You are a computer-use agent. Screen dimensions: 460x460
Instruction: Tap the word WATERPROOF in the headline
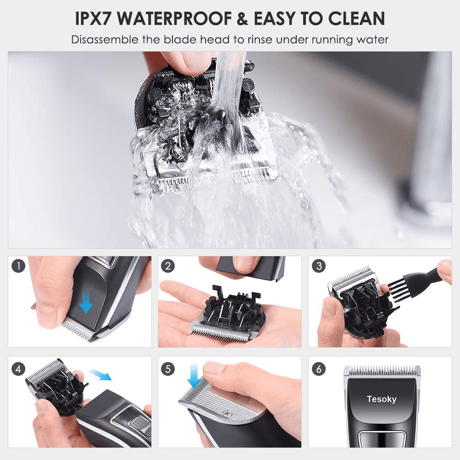click(174, 18)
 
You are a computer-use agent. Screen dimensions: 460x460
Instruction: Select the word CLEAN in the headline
click(356, 18)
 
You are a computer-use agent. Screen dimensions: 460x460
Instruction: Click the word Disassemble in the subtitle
click(105, 40)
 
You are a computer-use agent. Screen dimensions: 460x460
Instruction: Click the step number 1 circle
click(18, 266)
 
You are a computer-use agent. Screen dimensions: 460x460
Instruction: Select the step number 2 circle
click(168, 266)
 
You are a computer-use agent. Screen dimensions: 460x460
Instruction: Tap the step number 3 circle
click(319, 266)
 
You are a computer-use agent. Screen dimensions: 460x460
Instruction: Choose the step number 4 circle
click(18, 369)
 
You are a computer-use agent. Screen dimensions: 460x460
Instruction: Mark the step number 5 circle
click(168, 369)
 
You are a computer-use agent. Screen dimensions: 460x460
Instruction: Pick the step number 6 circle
click(319, 369)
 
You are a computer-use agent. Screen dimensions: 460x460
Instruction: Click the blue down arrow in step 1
click(86, 301)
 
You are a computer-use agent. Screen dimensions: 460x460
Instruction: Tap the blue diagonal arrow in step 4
click(100, 374)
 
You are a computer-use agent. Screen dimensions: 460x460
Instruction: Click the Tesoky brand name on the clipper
click(381, 399)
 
